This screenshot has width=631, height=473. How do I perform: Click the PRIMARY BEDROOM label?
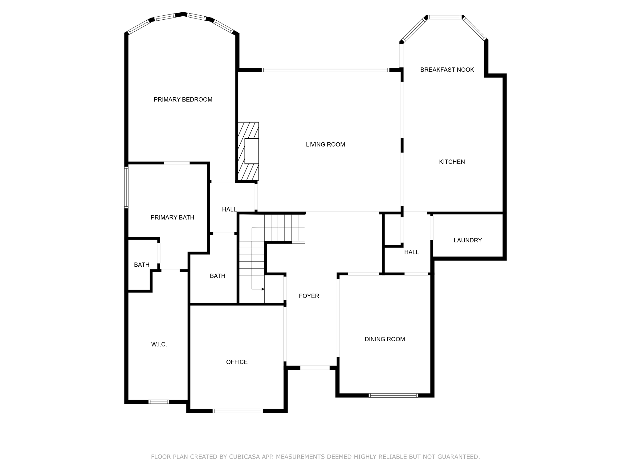click(183, 99)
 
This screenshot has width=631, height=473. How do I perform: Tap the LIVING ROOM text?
click(325, 144)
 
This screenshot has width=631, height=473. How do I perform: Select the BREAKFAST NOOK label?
click(447, 70)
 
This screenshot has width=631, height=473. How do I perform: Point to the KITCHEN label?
click(452, 162)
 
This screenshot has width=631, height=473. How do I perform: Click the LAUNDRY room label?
click(467, 240)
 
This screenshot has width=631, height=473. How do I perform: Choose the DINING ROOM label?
click(385, 339)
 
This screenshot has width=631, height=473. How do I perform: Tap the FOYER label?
click(309, 296)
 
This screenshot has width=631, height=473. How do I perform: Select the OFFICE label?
click(237, 362)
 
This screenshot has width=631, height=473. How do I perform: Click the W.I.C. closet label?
click(159, 345)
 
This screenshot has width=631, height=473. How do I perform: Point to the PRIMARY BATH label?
click(172, 217)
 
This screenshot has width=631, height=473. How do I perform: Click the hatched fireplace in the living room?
click(248, 151)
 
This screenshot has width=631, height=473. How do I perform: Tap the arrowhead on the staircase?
click(263, 289)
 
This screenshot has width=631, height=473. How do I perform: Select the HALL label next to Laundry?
click(411, 252)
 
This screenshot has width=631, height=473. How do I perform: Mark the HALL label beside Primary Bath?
click(229, 209)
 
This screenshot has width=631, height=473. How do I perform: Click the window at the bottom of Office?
click(238, 411)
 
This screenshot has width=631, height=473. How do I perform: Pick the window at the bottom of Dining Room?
click(393, 395)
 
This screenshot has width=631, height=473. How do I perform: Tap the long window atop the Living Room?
click(325, 70)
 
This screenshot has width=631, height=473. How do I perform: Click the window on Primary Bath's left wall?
click(126, 187)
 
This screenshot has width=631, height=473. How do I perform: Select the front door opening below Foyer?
click(315, 368)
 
